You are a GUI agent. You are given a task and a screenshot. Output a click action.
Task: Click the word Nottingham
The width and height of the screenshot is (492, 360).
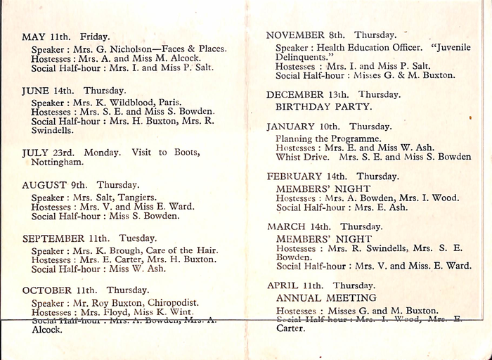tap(57, 162)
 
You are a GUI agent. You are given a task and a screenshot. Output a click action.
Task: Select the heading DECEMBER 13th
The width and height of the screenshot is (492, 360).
tap(307, 94)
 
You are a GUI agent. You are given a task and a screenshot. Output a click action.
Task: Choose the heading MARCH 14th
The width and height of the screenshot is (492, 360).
tap(299, 227)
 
